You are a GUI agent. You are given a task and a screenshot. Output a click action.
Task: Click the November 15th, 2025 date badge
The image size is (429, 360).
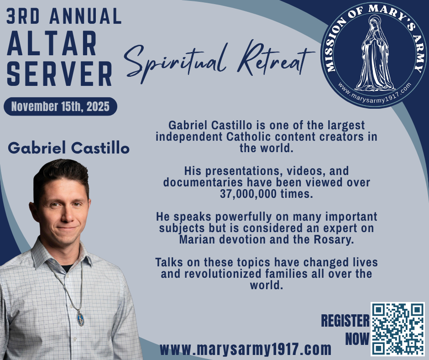pos(60,106)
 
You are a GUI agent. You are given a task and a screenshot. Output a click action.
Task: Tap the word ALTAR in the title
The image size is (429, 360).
pos(52,43)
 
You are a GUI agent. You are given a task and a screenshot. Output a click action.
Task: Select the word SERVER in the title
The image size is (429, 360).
pos(59,74)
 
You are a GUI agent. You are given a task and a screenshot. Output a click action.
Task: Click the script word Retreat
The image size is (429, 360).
pos(275,59)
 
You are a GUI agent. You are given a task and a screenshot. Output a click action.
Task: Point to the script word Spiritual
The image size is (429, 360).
pos(175,62)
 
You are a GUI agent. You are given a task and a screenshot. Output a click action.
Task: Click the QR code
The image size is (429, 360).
pos(398,329)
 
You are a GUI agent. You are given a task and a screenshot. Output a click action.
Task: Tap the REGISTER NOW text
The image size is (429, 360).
pos(345,329)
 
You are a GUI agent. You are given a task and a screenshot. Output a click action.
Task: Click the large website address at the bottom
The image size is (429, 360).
pos(246,349)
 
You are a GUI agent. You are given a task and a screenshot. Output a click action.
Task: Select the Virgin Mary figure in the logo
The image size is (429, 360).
pos(375,53)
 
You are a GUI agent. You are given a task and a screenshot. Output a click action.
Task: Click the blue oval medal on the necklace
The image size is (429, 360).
pos(80,318)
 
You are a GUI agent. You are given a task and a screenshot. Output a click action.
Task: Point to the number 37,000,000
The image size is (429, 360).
pos(248,194)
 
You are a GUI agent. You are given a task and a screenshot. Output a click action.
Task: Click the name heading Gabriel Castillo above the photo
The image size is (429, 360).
pos(68,148)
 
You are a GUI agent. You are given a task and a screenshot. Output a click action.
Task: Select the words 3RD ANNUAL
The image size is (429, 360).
pos(64,16)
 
